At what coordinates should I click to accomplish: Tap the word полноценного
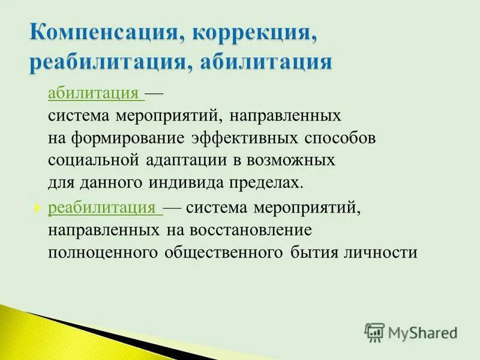103,252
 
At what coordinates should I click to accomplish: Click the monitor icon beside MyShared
374,332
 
